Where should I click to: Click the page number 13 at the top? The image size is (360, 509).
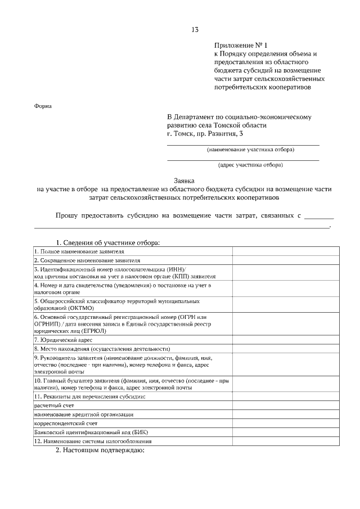(x=195, y=29)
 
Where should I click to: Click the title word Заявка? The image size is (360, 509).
(x=184, y=181)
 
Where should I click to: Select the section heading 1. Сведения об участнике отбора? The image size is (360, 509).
(x=107, y=242)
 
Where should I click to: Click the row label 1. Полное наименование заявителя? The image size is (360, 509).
(x=79, y=251)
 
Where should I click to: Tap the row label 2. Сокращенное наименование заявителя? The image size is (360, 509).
(x=87, y=260)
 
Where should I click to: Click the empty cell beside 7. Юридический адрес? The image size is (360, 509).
(x=285, y=340)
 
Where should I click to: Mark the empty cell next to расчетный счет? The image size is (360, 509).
(x=285, y=405)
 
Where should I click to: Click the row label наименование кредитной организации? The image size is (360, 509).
(x=84, y=414)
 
